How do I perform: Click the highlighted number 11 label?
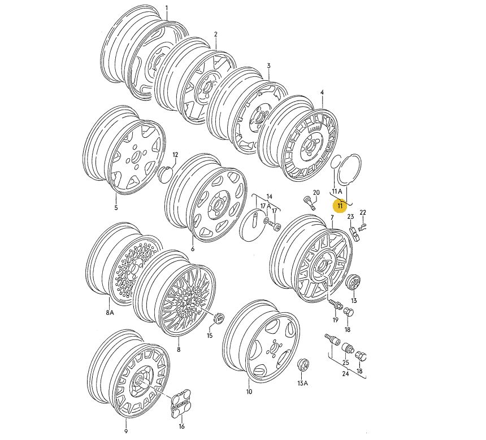point(340,206)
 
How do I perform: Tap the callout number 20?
point(316,193)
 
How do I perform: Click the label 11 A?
point(337,191)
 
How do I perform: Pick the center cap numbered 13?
point(353,282)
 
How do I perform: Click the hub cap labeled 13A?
point(303,367)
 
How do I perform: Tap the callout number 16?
point(181,426)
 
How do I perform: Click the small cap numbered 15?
point(219,319)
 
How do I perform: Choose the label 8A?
point(110,313)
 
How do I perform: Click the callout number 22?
point(363,212)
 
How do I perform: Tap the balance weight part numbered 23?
point(354,234)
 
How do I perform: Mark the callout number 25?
point(346,363)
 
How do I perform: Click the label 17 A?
point(266,206)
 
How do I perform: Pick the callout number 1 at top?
point(167,8)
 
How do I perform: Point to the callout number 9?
point(126,431)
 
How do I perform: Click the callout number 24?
point(345,374)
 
